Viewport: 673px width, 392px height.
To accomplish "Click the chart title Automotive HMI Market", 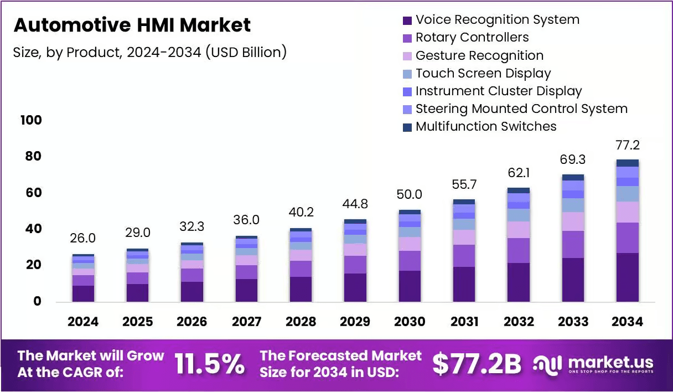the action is point(132,25).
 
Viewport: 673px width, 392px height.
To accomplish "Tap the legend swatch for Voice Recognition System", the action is point(407,20).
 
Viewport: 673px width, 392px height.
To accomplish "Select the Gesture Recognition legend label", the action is point(479,55).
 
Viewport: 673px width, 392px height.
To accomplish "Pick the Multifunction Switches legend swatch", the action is point(407,127).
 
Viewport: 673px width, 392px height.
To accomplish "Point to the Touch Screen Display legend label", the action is point(483,73).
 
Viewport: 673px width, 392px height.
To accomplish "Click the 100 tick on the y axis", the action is point(31,120).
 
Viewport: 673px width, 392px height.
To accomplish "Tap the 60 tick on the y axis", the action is point(33,193).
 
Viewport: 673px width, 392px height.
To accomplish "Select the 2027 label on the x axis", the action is point(246,322).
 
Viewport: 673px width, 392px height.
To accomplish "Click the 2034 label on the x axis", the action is point(627,322).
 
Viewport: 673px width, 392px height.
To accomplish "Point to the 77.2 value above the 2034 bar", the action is point(628,145).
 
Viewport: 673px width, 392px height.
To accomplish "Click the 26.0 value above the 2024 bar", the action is point(82,238).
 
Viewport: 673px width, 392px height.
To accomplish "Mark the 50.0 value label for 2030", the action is point(409,194).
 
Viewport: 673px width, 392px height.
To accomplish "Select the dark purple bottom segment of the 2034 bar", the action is point(628,277).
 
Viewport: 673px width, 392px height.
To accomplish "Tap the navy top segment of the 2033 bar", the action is point(573,177).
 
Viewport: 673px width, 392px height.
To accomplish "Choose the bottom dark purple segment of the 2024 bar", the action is point(83,293).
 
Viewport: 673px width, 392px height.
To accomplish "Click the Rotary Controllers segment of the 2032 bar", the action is point(519,250).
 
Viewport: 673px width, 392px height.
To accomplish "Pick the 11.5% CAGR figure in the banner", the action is point(209,364).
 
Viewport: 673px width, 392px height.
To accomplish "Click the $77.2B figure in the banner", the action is point(477,364).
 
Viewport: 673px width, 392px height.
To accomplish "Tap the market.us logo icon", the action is point(547,364).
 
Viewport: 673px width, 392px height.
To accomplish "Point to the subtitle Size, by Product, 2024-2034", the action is point(107,53).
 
